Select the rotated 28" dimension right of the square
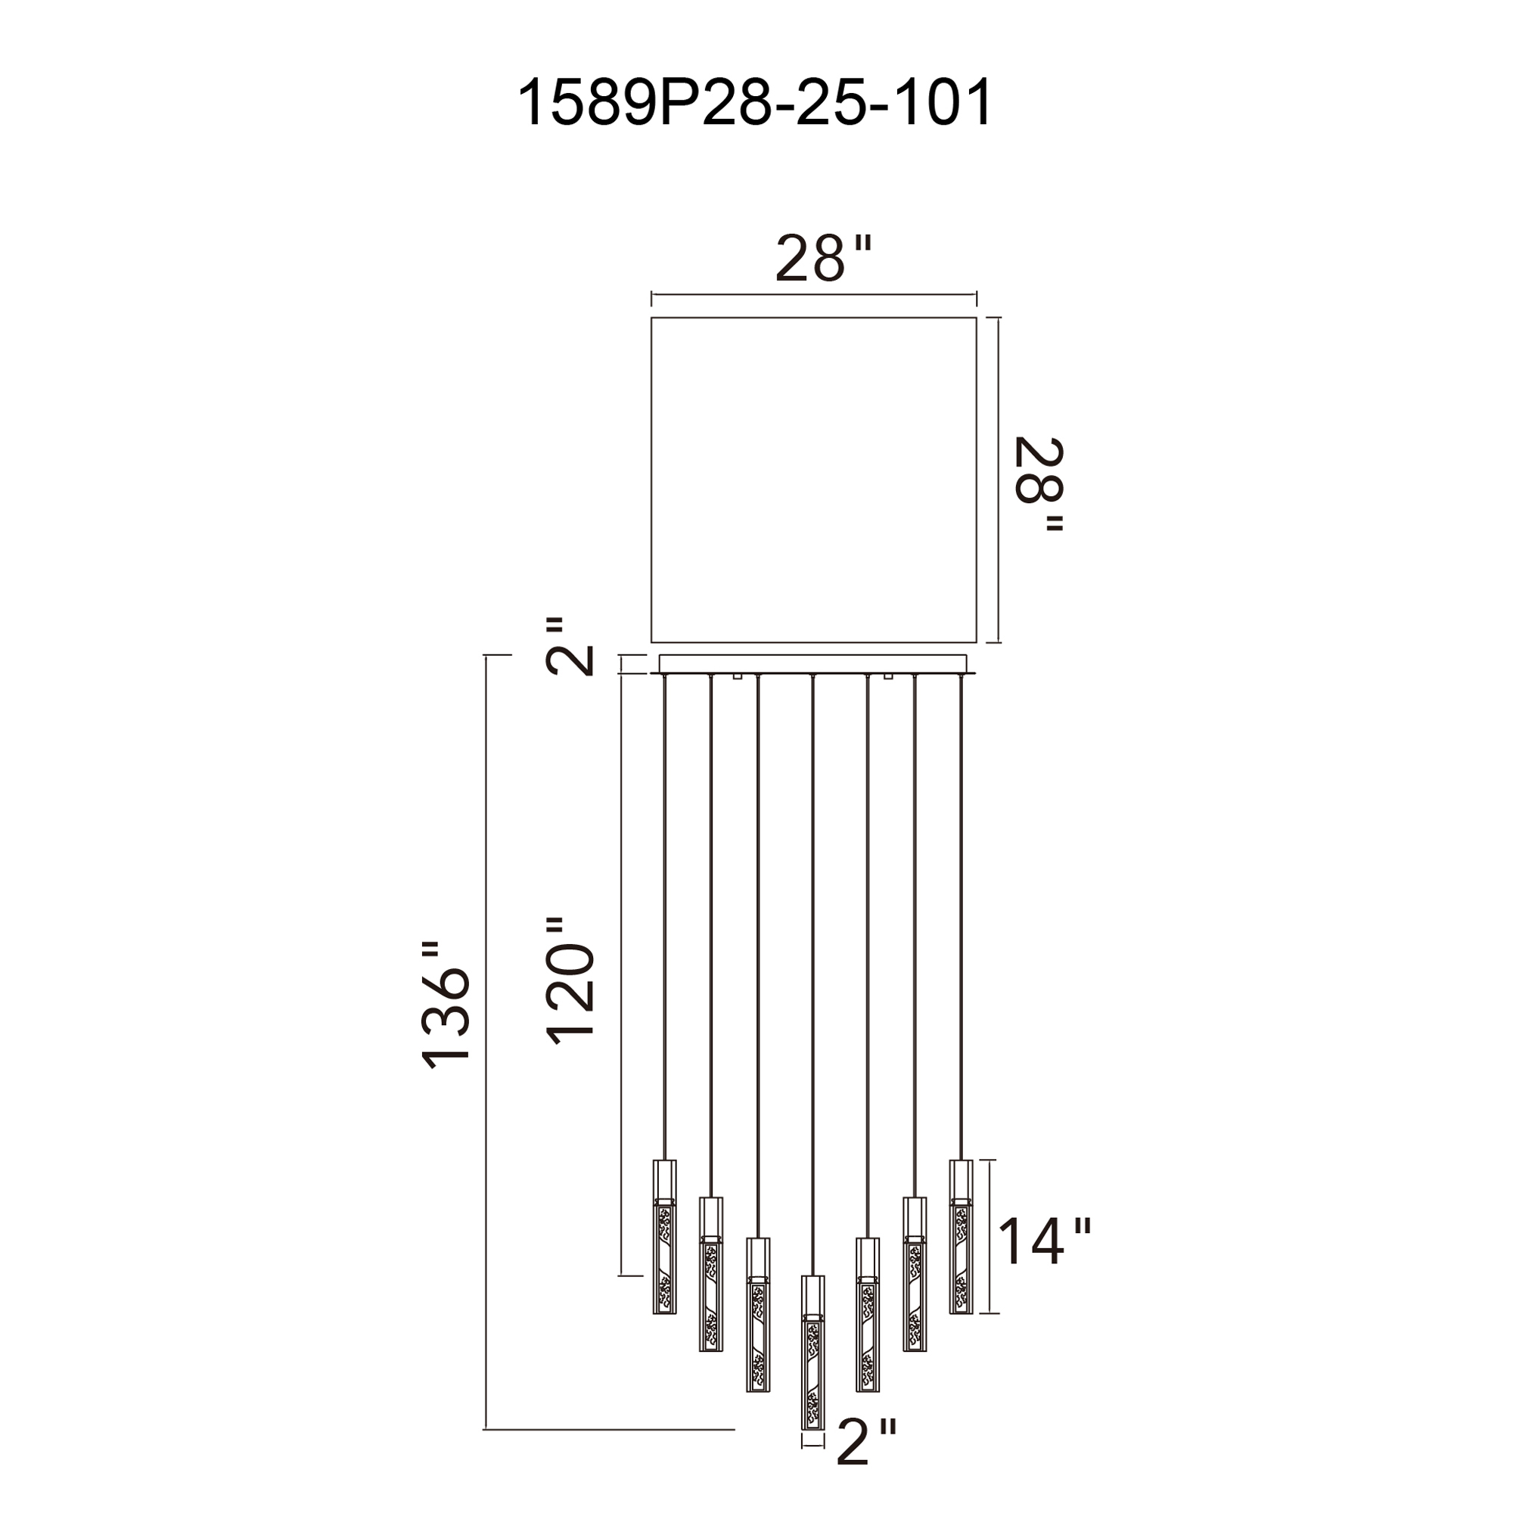1039,485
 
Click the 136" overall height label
446,1005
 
